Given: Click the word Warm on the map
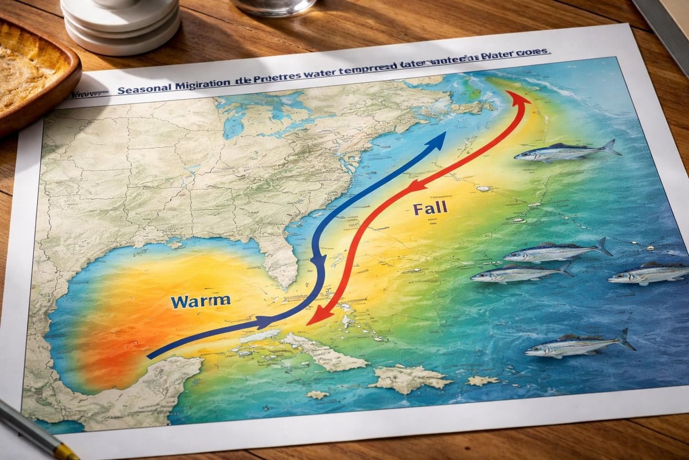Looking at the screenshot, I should (200, 300).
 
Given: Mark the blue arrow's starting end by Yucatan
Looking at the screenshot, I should (150, 356).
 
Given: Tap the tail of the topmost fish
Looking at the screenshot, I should (611, 147).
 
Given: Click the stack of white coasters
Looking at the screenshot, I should (121, 26).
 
